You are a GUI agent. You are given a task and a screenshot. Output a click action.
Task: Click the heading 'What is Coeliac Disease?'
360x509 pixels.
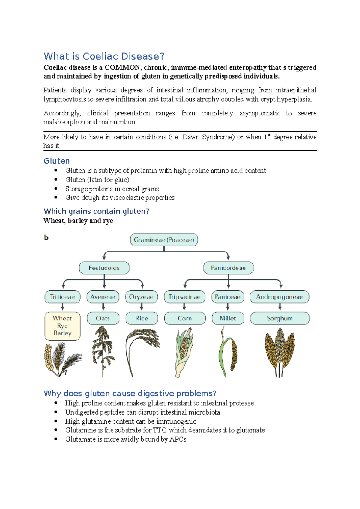tap(104, 56)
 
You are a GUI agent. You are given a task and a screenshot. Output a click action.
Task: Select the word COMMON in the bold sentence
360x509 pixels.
tap(122, 67)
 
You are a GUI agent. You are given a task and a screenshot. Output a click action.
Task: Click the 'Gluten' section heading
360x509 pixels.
tap(57, 161)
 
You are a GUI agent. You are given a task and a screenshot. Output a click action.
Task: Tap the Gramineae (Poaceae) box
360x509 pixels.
tap(164, 240)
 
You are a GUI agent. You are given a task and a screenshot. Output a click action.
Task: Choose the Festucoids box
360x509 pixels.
tap(104, 268)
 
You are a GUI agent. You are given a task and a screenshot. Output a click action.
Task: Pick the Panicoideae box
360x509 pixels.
tap(228, 268)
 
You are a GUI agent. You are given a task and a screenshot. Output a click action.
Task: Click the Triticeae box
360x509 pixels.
tap(62, 297)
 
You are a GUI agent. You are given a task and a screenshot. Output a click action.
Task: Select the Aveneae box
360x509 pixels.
tap(103, 297)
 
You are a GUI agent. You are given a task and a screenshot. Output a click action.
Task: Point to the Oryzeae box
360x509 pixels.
tap(141, 297)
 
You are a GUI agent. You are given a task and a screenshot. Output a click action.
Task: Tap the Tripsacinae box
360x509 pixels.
tap(184, 297)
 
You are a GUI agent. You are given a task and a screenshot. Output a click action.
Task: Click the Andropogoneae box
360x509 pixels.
tap(280, 297)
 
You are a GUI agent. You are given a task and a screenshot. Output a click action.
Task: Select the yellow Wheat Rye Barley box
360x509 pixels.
tap(62, 326)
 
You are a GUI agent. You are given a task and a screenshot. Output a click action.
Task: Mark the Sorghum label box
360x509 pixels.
tap(280, 318)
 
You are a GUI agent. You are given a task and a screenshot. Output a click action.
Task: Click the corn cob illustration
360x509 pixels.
tap(184, 348)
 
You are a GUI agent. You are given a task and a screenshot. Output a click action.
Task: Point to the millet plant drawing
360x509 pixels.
tap(228, 352)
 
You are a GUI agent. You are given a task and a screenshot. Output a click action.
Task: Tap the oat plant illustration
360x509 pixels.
tap(103, 349)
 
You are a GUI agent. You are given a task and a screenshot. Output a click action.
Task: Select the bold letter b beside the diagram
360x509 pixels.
tap(46, 238)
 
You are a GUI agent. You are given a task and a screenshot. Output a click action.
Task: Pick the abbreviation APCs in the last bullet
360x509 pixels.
tap(178, 439)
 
